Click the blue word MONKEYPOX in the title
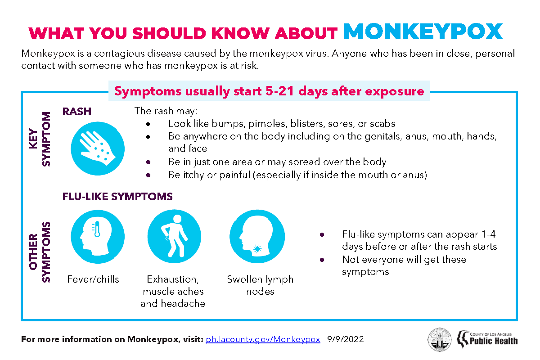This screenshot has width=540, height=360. click(x=423, y=31)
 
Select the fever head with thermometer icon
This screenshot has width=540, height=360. click(x=98, y=236)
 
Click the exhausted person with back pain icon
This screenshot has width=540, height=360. click(x=174, y=236)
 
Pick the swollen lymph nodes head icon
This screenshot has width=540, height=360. click(x=257, y=236)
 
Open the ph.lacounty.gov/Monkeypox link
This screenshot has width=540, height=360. click(x=263, y=339)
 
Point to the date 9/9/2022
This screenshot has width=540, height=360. click(x=346, y=339)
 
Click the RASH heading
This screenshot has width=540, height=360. click(x=77, y=112)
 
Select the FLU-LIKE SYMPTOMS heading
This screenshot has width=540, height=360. click(x=117, y=197)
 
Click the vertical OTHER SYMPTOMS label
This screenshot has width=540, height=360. click(x=40, y=252)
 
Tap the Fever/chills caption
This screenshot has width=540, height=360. click(x=93, y=279)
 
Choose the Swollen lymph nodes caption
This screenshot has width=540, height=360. click(x=260, y=285)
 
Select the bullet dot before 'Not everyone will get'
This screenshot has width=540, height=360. click(x=322, y=260)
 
